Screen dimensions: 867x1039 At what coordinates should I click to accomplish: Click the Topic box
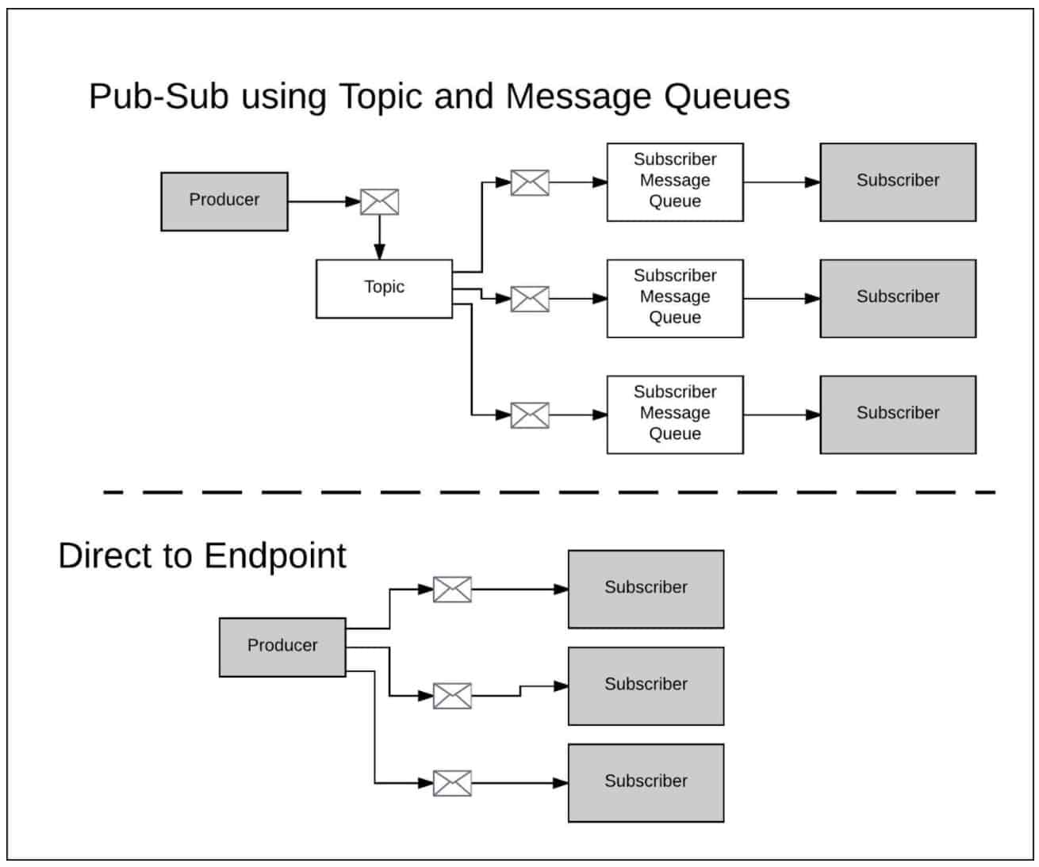click(x=384, y=288)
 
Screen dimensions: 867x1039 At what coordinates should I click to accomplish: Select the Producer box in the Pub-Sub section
click(x=224, y=201)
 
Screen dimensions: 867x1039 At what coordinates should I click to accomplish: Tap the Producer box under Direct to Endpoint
click(x=282, y=647)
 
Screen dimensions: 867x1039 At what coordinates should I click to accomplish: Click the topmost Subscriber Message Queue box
click(x=674, y=181)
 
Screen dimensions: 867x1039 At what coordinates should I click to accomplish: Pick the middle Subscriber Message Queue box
click(x=674, y=298)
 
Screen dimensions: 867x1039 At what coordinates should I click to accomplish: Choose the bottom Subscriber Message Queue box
click(x=674, y=414)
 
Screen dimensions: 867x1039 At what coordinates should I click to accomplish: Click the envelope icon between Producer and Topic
click(x=379, y=202)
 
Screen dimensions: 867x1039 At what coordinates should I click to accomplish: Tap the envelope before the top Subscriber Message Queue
click(x=529, y=182)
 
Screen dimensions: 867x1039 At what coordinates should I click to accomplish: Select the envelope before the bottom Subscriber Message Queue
click(x=529, y=414)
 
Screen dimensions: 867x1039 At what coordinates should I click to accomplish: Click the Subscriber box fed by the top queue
click(x=897, y=181)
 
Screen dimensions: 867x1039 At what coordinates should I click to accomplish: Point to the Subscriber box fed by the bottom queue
click(x=897, y=414)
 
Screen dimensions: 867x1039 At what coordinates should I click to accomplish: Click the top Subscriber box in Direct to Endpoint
click(x=646, y=589)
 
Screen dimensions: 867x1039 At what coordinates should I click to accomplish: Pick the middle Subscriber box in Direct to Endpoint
click(x=646, y=686)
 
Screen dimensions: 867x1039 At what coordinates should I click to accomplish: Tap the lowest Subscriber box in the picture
click(x=646, y=782)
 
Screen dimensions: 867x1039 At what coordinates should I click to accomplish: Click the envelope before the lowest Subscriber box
click(x=452, y=783)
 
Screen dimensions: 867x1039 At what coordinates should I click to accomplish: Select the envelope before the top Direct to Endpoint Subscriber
click(x=452, y=590)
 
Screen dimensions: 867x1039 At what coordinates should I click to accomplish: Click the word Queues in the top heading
click(x=727, y=97)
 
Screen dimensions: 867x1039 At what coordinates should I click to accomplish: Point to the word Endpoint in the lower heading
click(x=274, y=556)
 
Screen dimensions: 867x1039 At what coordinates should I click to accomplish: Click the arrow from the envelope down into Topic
click(x=379, y=238)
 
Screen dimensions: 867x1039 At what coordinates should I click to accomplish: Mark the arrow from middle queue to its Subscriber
click(x=781, y=299)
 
